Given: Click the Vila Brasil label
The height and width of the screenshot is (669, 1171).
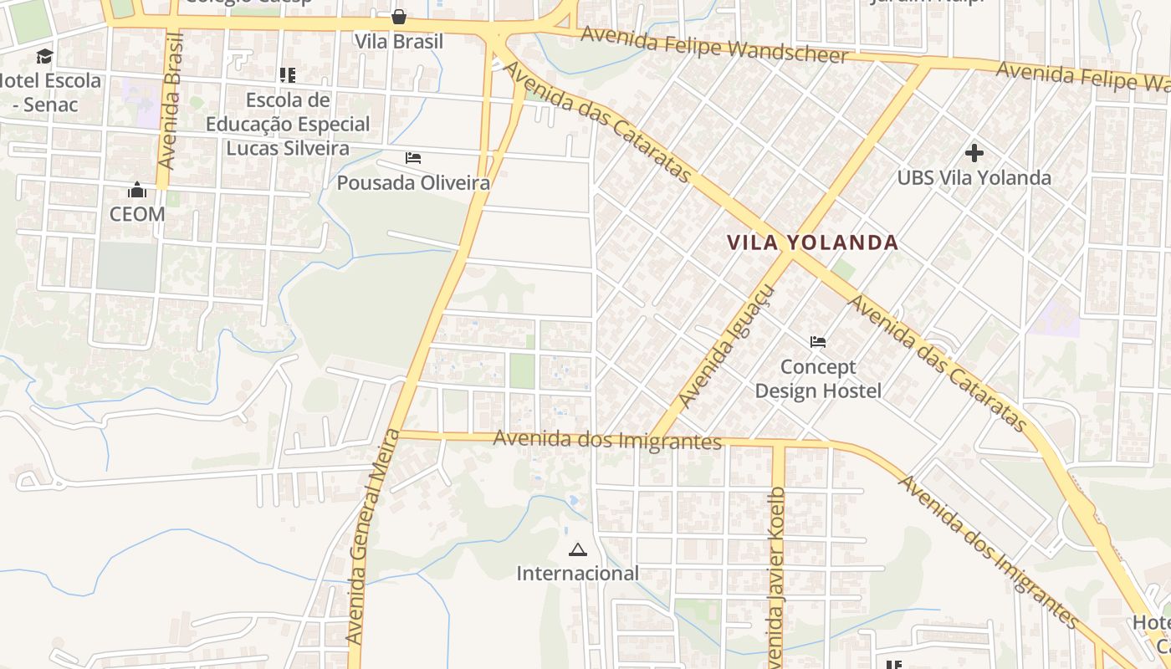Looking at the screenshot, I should [x=399, y=41].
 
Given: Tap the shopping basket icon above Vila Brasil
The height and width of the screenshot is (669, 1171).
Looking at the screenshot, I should [x=399, y=17].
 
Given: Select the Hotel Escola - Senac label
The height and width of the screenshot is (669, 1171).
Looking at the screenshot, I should [x=50, y=93].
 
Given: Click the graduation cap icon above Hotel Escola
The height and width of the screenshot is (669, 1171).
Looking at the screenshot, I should [x=44, y=57].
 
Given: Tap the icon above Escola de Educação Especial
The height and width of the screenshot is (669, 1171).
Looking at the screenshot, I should [x=288, y=76].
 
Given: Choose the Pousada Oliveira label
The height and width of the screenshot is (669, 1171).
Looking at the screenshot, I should [x=413, y=182].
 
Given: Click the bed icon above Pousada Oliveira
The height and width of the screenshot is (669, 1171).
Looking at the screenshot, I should [x=413, y=157].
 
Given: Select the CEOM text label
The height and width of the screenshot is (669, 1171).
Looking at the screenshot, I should [x=137, y=214].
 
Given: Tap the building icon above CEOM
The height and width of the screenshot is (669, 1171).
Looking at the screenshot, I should [x=137, y=191].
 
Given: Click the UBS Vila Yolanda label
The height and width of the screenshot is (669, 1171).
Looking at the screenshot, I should [x=974, y=177].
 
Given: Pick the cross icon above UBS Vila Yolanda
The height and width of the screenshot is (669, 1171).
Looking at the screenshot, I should [x=974, y=153].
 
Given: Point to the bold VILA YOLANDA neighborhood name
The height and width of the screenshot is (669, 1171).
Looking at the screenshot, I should [x=812, y=243].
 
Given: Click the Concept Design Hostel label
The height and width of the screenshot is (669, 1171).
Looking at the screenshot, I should [x=818, y=379].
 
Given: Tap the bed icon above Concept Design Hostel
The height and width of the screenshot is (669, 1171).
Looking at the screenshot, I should [x=818, y=342].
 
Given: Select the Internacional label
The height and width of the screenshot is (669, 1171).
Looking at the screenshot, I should [x=577, y=574].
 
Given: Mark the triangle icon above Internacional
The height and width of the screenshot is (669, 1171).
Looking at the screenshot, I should [x=577, y=550].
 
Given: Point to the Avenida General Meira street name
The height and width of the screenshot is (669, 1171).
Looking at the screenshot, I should [x=369, y=535].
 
